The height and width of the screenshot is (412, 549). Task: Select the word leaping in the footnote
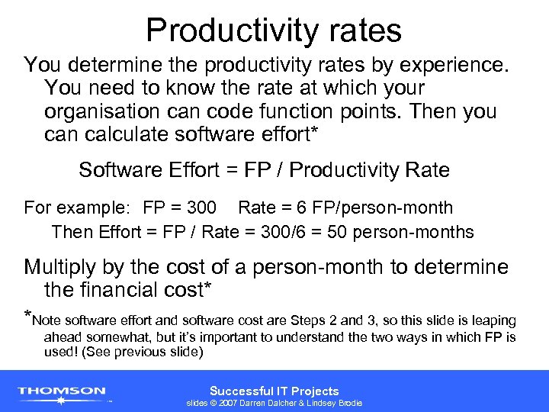point(493,320)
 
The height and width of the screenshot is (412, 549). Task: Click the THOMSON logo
point(63,392)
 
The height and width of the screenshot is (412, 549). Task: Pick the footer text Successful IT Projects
point(274,391)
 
